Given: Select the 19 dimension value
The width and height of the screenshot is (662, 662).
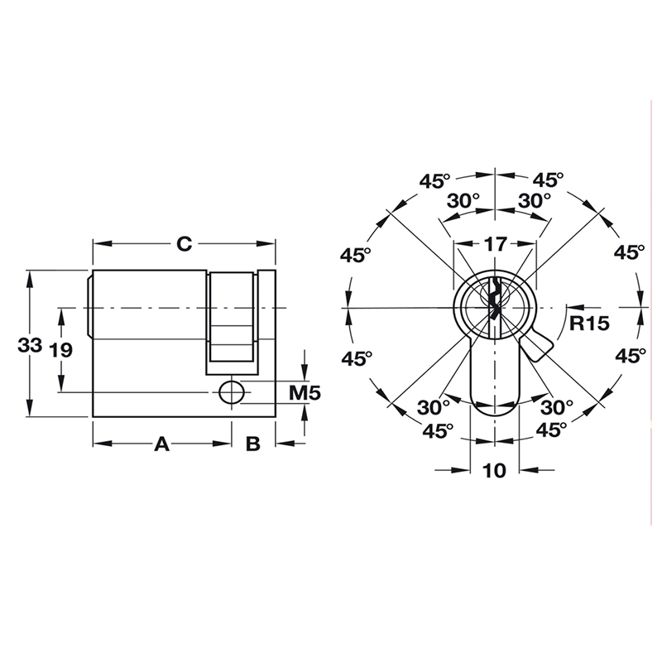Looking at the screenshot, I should (x=60, y=349).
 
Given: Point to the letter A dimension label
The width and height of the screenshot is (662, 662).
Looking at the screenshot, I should (x=162, y=444).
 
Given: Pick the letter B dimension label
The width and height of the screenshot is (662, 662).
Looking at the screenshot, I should (x=253, y=444).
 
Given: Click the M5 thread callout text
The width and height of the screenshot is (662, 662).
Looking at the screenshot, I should (x=305, y=393).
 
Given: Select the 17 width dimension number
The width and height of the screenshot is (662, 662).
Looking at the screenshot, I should (x=495, y=244).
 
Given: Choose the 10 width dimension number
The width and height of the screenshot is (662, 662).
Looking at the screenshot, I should (x=494, y=470).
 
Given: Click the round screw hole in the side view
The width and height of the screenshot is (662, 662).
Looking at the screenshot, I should (x=233, y=392).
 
